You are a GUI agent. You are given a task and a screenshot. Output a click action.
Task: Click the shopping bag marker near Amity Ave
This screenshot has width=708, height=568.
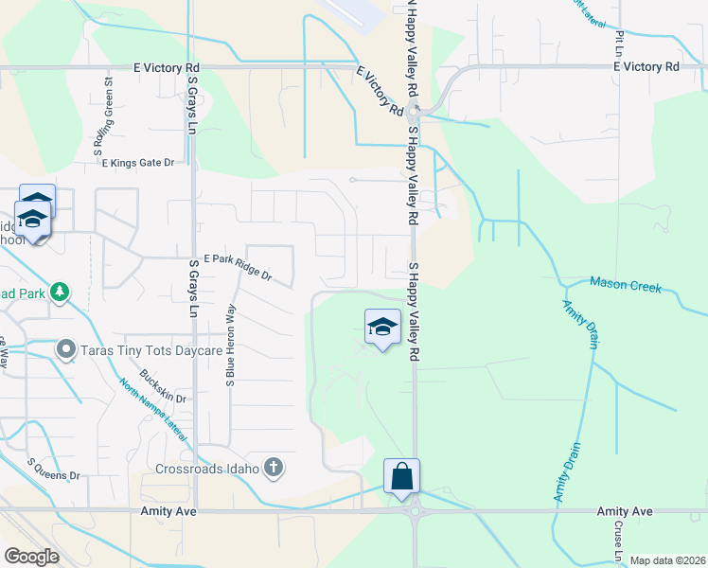pos(402,475)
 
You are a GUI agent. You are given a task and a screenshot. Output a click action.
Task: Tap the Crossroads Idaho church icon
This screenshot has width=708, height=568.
pos(274,467)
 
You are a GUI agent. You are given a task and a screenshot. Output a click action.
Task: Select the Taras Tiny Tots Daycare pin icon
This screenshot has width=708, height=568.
pos(65,350)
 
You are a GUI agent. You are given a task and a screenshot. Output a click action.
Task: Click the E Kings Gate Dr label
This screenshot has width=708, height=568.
pos(138,163)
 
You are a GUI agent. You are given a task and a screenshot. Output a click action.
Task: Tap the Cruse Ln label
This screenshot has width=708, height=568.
pos(616,539)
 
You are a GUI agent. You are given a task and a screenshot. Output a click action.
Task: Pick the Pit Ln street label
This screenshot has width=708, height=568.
pos(619,40)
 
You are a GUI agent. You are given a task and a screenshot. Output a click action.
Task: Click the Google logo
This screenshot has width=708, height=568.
pos(32,556)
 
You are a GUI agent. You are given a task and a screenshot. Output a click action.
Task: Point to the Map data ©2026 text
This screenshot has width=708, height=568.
pos(668,560)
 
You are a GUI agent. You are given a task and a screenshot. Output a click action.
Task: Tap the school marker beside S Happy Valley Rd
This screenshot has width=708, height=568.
pos(382,328)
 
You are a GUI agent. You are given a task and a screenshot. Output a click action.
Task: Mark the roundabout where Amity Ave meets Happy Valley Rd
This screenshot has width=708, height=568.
pos(414,511)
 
